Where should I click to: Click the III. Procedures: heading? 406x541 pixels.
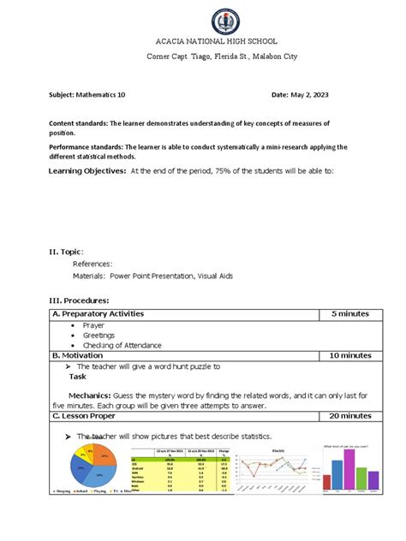pyautogui.click(x=81, y=301)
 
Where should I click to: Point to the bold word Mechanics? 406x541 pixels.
pyautogui.click(x=98, y=395)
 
